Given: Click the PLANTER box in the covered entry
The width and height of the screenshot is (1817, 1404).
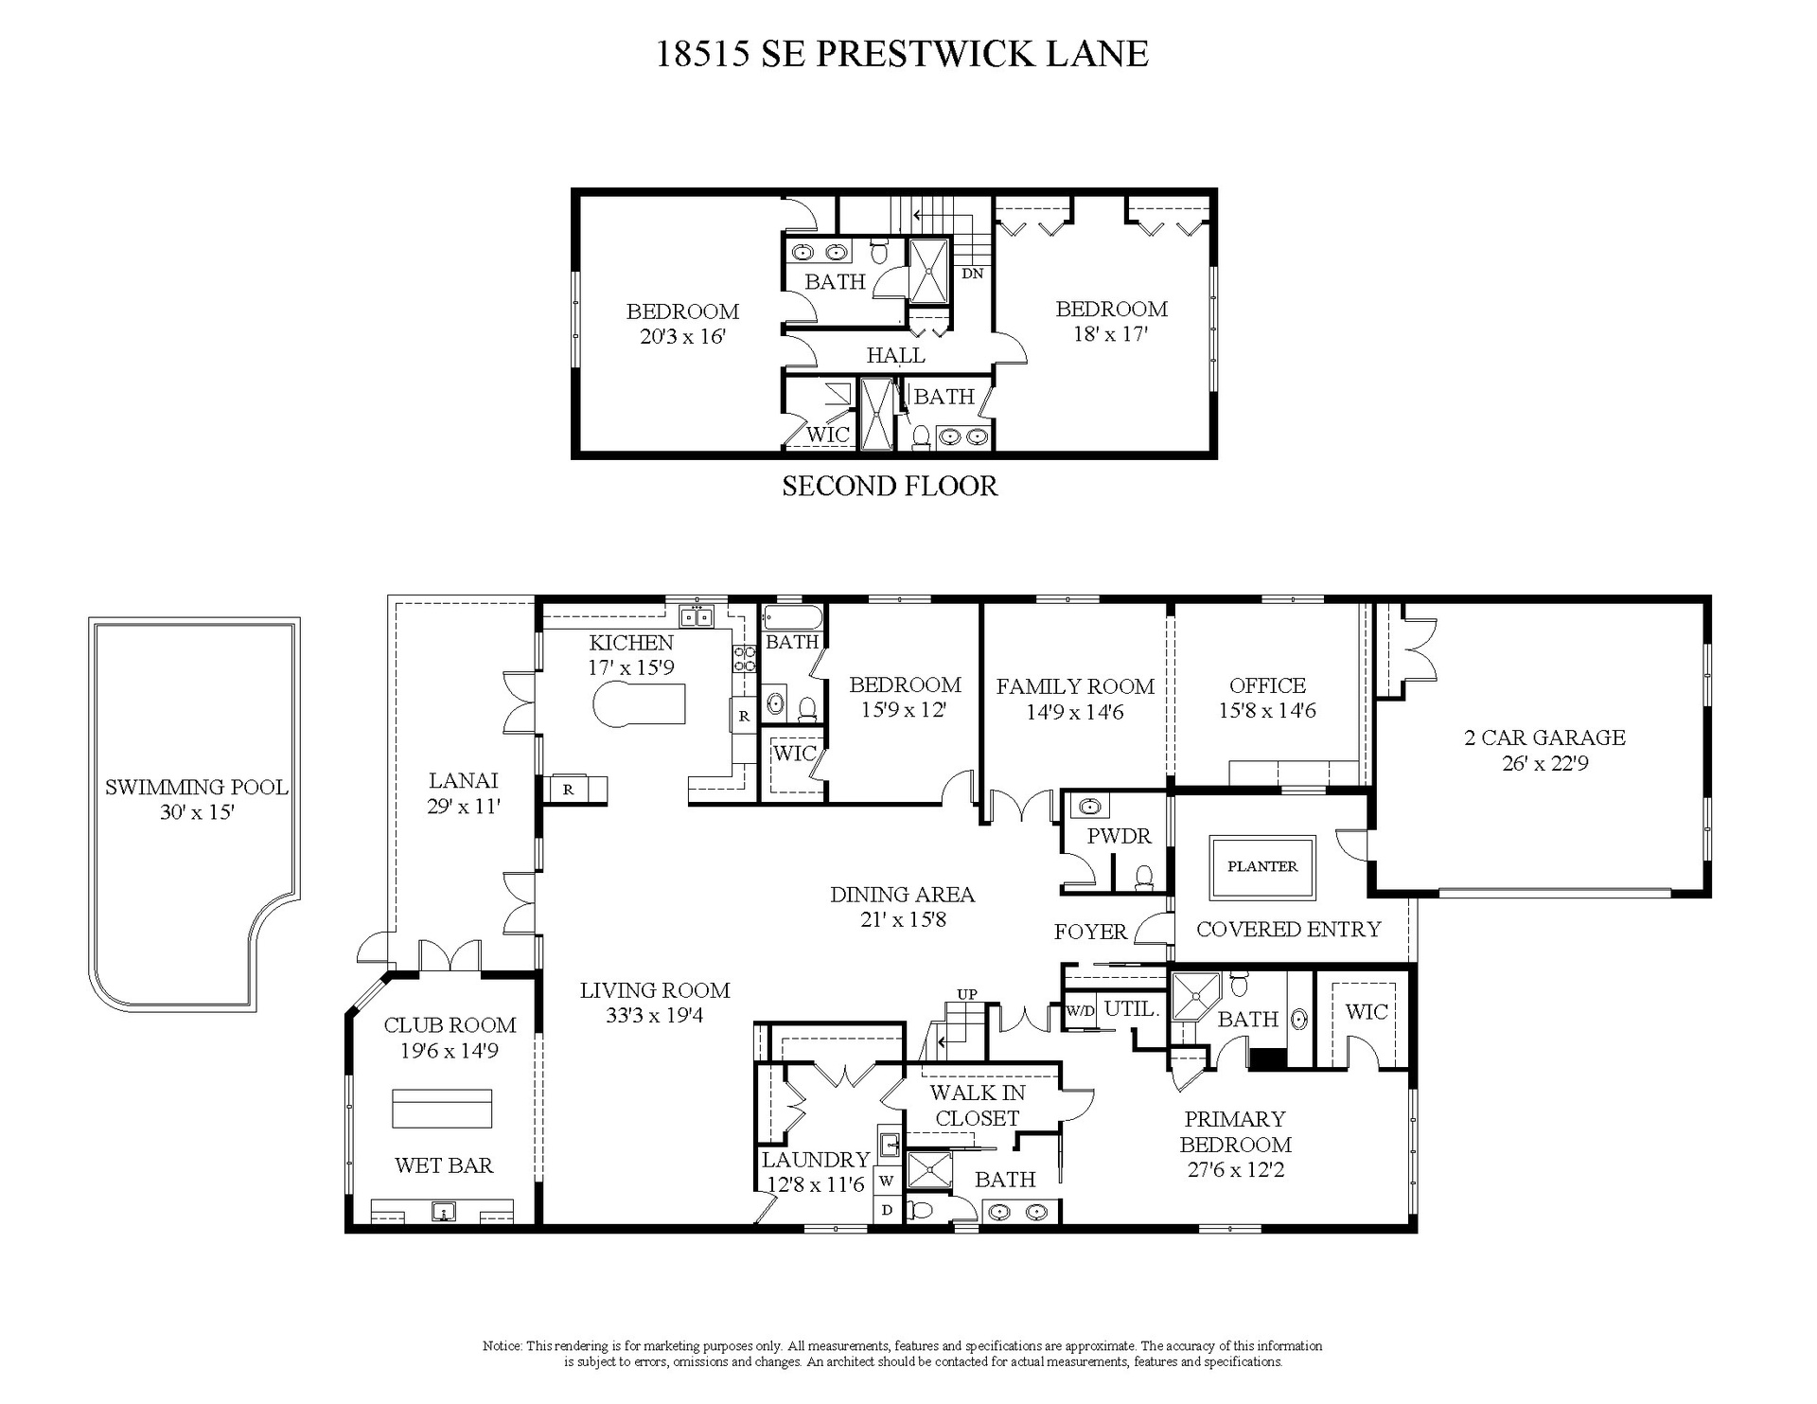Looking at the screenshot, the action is pos(1262,867).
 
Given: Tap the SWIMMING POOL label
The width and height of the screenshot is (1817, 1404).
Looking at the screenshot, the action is pos(196,788).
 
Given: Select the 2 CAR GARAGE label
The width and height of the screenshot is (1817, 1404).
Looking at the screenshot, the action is pos(1544,738).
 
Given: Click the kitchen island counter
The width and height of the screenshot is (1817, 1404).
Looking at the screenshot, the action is pos(639,702).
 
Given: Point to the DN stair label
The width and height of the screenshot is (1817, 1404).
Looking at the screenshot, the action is pos(973,274).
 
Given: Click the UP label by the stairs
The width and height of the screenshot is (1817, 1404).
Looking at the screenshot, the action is pos(967,994).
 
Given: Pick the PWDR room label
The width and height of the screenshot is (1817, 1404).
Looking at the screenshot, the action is pos(1119,837).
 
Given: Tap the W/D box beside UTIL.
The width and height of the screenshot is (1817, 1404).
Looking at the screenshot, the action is pos(1080,1010).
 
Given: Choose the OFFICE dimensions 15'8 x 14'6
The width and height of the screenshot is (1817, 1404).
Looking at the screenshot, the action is pos(1267,711).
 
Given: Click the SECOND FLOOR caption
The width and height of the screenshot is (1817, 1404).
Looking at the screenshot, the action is pos(890,487).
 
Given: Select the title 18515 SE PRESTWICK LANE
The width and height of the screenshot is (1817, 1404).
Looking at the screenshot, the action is pos(903,54).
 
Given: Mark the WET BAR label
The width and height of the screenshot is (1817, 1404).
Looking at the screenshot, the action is pos(444,1165).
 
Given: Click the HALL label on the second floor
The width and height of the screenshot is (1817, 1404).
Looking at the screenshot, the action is pos(895,356).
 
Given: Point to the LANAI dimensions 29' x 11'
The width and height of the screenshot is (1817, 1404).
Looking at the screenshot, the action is pos(463,807).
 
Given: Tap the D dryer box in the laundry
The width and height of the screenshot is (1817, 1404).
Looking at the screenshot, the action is pos(888,1210).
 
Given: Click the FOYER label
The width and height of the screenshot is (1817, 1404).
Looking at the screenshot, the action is pos(1090,932).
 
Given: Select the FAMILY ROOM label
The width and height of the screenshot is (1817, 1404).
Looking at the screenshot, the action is pos(1075,686).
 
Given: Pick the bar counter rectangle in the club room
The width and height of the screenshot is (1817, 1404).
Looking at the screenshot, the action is pos(443,1109).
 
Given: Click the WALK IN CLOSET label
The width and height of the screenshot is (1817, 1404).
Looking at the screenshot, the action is pos(977,1106).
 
